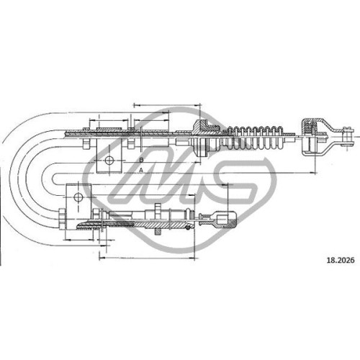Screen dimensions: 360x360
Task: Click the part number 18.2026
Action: click(x=341, y=261)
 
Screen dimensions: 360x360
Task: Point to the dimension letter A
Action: click(x=141, y=170)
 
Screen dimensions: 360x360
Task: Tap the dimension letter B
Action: click(x=141, y=160)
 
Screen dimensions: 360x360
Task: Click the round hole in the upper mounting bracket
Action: click(x=109, y=160)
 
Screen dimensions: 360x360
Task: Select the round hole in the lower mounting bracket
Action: click(x=78, y=197)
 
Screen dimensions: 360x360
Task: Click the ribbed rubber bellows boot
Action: click(x=254, y=137)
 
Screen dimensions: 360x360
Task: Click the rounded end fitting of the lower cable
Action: click(x=226, y=220)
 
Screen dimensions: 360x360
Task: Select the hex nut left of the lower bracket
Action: click(x=62, y=220)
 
